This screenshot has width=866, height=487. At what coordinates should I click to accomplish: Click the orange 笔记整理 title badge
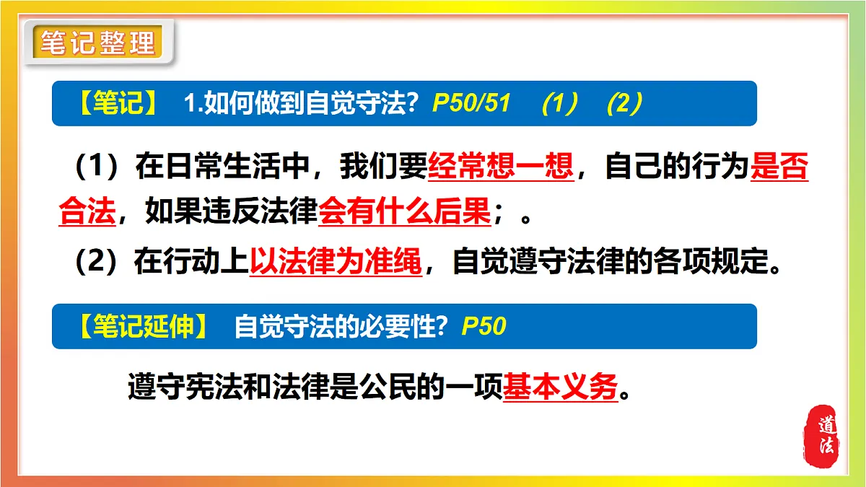pos(97,43)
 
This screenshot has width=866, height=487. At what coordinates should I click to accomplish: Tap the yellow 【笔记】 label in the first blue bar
pos(116,104)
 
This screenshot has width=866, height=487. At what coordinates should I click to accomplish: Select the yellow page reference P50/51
pos(471,104)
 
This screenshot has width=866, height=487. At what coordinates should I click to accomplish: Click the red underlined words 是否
pos(779,167)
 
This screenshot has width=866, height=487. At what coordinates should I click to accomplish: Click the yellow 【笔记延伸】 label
pos(144,327)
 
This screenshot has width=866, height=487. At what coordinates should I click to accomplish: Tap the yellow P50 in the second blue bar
pos(484,327)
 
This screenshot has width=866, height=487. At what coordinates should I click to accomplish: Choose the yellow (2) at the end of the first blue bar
pos(624,104)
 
